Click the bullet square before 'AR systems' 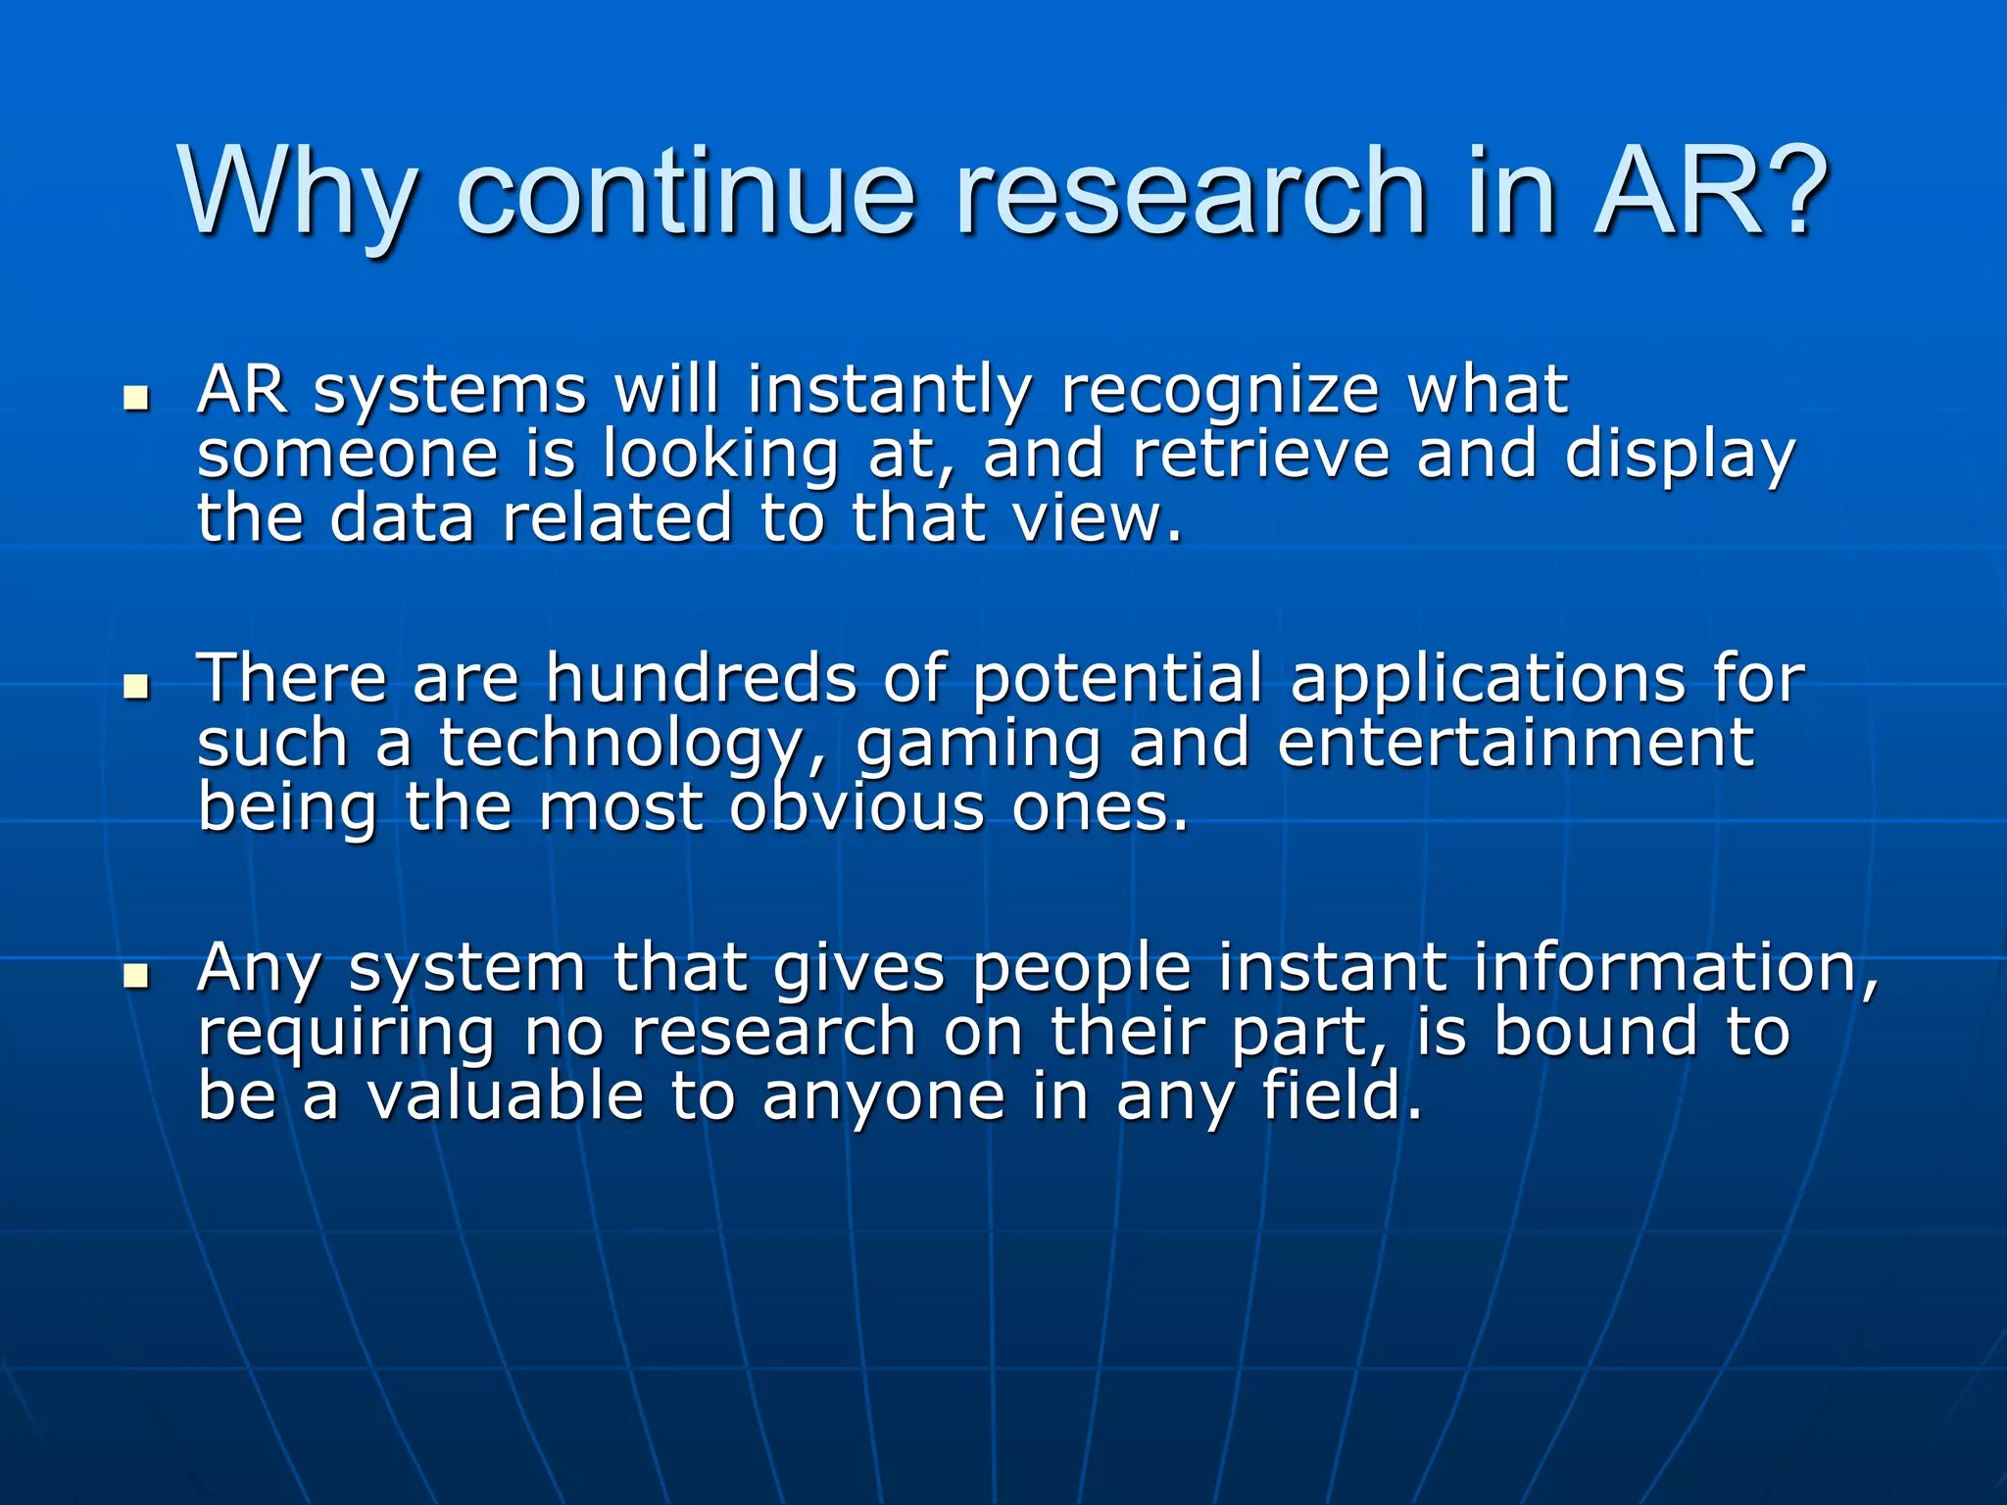pyautogui.click(x=136, y=399)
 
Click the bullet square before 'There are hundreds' pyautogui.click(x=136, y=687)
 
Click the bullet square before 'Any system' pyautogui.click(x=136, y=976)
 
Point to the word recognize pyautogui.click(x=1220, y=392)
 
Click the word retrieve pyautogui.click(x=1260, y=455)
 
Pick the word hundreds pyautogui.click(x=702, y=678)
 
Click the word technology pyautogui.click(x=627, y=746)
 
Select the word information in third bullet pyautogui.click(x=1675, y=968)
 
